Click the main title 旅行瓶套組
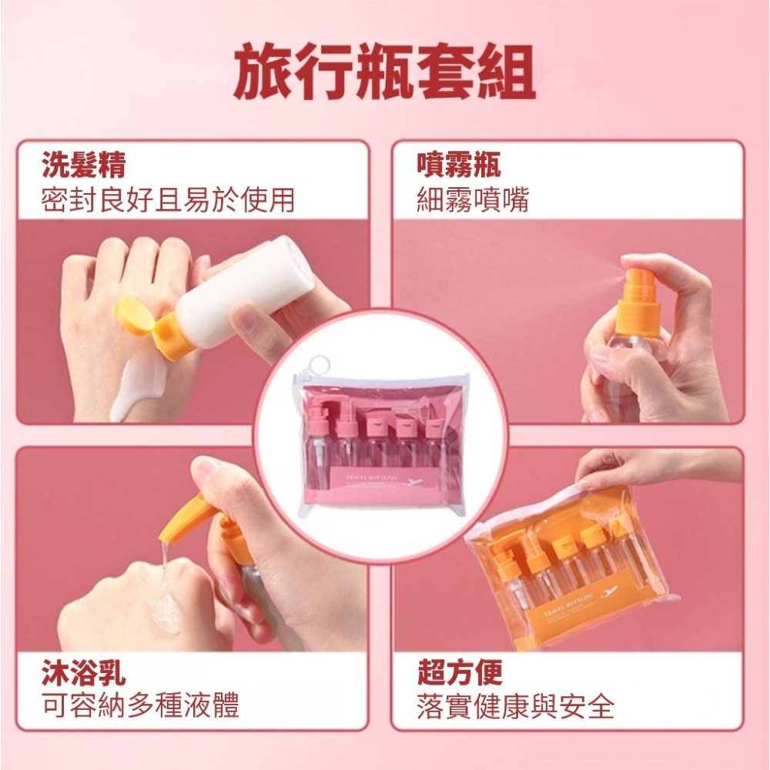click(x=384, y=74)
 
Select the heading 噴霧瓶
click(x=459, y=165)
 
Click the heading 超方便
click(x=460, y=672)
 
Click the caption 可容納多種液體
click(x=140, y=705)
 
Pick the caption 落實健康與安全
click(x=515, y=705)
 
